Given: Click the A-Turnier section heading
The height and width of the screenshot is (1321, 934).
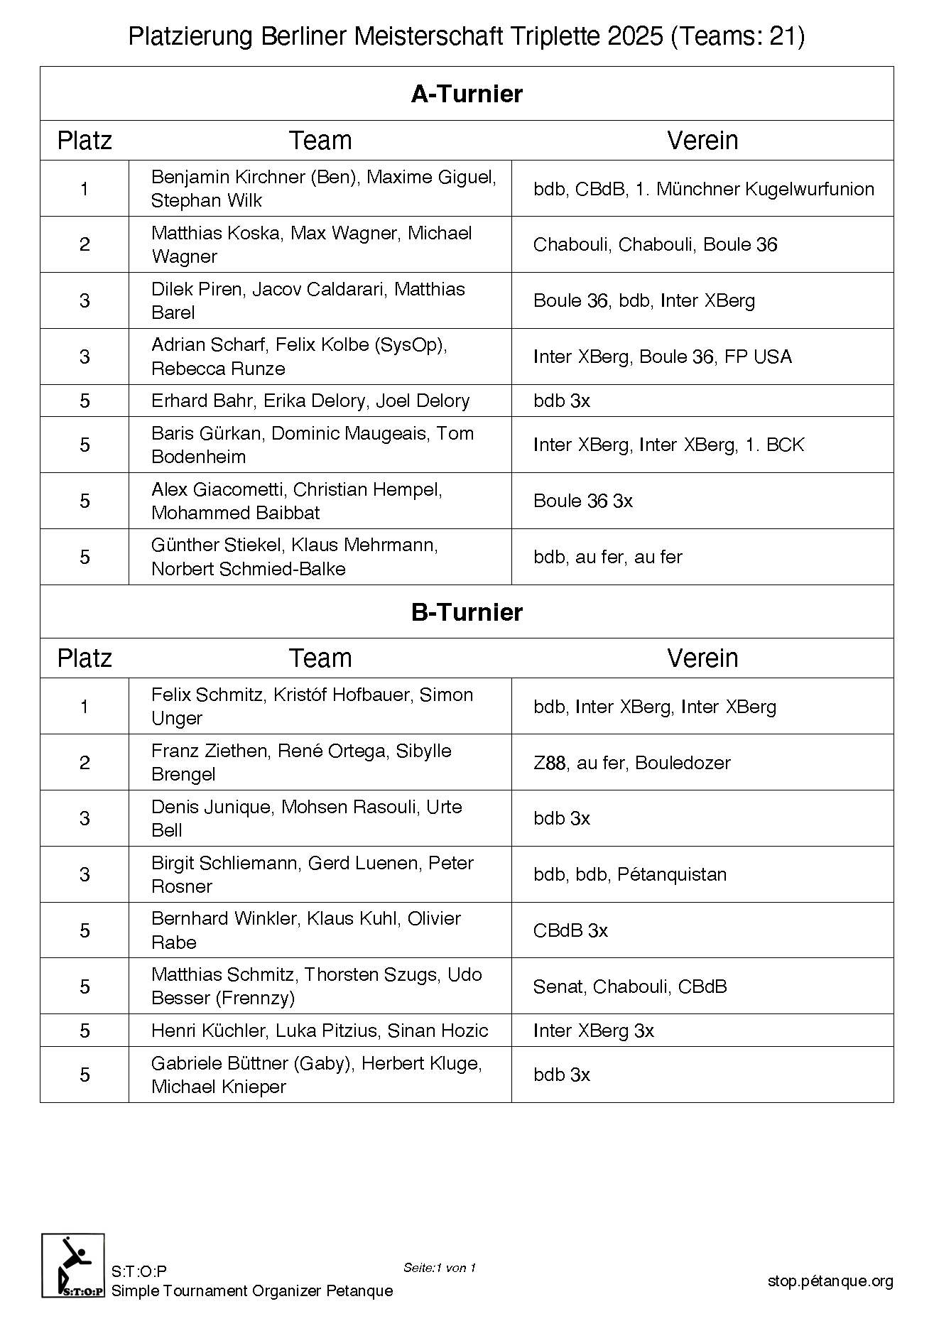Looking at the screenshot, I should [467, 94].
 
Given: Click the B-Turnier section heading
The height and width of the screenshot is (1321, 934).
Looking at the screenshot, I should [467, 611].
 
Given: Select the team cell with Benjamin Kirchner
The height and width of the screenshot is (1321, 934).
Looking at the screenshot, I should [320, 188].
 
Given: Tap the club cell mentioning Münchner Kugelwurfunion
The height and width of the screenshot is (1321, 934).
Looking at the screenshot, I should [702, 189].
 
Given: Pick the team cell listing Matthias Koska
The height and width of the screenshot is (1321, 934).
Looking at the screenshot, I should [320, 244].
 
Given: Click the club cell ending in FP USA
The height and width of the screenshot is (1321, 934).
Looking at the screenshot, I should [702, 357].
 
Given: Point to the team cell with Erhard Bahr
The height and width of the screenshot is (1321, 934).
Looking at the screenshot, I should [320, 401].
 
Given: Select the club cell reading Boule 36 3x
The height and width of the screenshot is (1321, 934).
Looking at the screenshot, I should [702, 501].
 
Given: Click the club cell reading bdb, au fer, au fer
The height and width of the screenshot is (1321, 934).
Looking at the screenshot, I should [702, 557].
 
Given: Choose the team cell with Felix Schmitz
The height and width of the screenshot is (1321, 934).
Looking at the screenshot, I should [320, 706].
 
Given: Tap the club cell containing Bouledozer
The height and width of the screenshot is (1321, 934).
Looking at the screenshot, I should [702, 763].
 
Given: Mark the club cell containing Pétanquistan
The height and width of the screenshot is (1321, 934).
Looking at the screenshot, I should [702, 874].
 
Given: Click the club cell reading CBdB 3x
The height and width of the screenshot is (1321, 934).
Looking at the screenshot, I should [702, 930].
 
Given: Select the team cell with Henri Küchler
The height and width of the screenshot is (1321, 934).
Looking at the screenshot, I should [320, 1031].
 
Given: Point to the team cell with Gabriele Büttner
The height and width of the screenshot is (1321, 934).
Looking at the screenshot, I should [320, 1075].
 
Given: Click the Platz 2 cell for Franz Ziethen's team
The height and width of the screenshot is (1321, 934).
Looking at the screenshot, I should [85, 763].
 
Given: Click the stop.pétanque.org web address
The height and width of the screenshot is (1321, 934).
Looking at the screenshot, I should [830, 1281].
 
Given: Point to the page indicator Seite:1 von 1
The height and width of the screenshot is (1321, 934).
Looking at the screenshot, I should [439, 1268].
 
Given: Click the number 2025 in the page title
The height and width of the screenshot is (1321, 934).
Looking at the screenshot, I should [636, 37].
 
